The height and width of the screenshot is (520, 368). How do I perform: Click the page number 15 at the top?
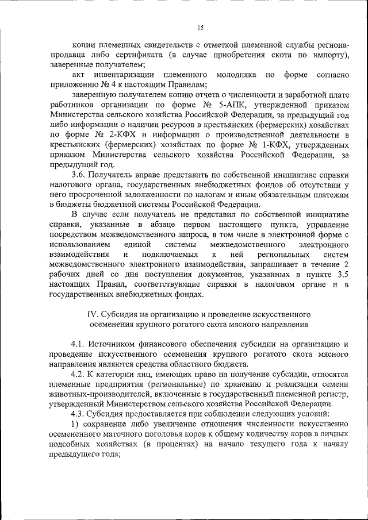pos(200,27)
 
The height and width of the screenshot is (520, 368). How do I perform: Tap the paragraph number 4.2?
pos(79,373)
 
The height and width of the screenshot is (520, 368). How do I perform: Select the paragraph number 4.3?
pos(79,414)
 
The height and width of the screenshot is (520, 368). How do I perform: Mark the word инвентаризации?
pos(124,75)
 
